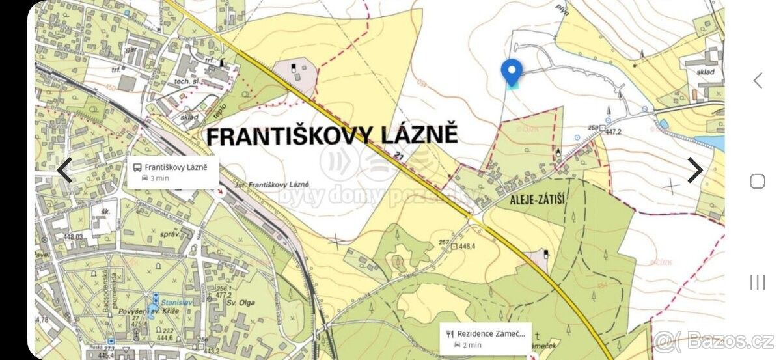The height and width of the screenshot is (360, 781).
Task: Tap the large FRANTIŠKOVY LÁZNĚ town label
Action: click(332, 135)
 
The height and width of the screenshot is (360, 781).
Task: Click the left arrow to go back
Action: click(64, 170)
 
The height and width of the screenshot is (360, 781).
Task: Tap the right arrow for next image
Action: click(695, 170)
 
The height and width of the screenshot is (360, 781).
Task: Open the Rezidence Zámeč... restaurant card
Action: click(486, 338)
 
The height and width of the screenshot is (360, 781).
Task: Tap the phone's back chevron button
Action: click(758, 80)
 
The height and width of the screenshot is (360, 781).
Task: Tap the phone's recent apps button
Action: click(758, 282)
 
